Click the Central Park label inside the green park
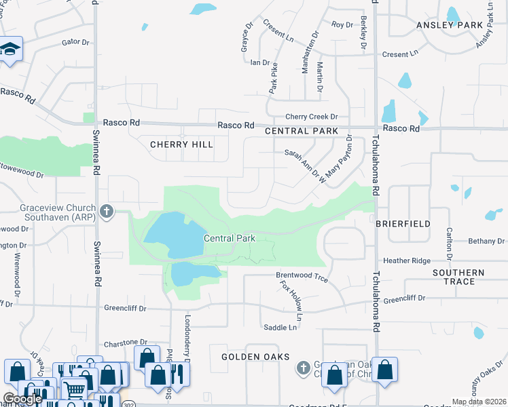point(230,239)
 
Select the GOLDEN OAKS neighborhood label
point(255,357)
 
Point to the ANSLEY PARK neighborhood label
point(449,25)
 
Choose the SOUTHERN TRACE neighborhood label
point(458,277)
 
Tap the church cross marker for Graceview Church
point(106,212)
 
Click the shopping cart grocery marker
point(74,389)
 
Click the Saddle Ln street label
point(280,328)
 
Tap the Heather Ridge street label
point(407,260)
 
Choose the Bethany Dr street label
point(486,241)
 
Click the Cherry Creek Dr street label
point(311,117)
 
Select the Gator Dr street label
point(75,42)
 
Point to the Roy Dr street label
point(342,25)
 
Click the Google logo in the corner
point(22,399)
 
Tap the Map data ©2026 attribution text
point(478,402)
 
